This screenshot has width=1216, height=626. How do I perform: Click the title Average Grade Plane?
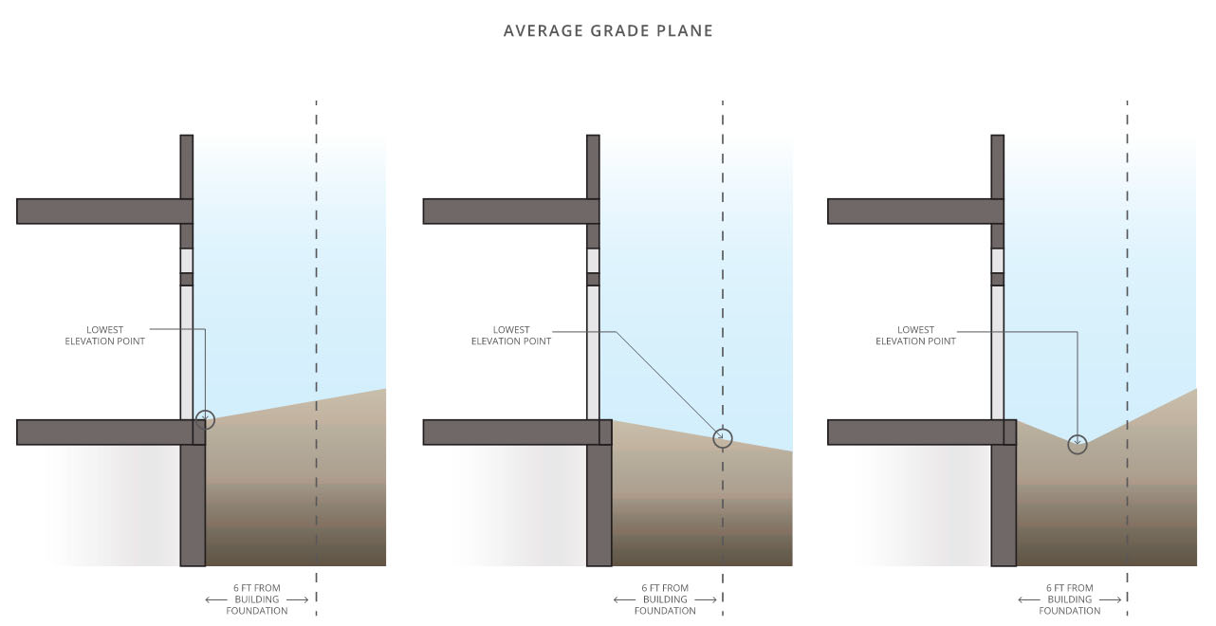coord(608,30)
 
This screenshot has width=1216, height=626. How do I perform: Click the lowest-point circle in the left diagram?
coord(205,419)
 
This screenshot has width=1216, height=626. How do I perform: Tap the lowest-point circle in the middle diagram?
coord(723,437)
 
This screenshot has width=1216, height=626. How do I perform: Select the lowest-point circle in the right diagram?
coord(1077,444)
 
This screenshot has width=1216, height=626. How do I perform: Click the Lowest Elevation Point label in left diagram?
coord(105,336)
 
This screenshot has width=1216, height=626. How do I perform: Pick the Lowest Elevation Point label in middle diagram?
coord(511,336)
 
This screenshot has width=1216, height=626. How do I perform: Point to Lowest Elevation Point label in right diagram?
coord(915,336)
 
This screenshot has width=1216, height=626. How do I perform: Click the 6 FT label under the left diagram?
coord(257,599)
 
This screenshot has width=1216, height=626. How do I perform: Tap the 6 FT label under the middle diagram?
coord(665,599)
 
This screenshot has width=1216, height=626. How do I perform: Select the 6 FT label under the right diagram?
coord(1069,599)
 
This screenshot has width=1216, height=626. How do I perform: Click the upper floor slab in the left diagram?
coord(100,211)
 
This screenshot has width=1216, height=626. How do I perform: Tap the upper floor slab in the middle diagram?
coord(506,211)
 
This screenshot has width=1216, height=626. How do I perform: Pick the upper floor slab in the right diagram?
coord(911,211)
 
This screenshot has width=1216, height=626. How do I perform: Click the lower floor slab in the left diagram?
coord(100,433)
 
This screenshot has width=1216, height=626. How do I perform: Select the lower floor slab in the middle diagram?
coord(506,433)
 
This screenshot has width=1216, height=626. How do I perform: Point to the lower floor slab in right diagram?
coord(911,433)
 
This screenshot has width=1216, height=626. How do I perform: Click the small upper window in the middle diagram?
coord(593,260)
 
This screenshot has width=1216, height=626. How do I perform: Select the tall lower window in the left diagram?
coord(187,351)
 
